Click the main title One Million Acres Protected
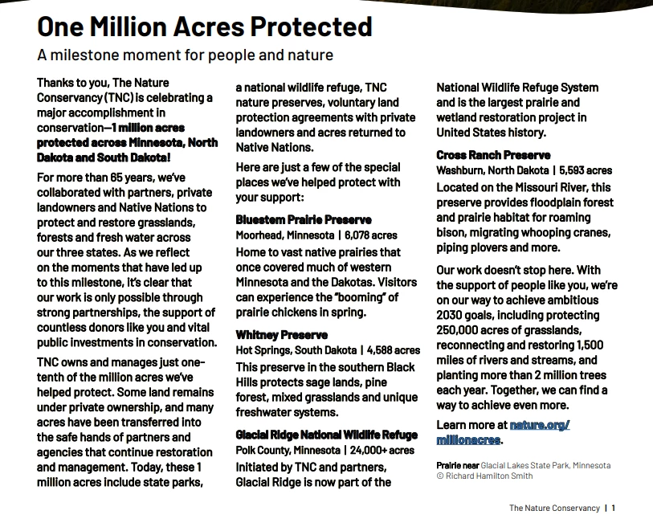205,27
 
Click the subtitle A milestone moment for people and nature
185,55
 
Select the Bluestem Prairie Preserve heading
304,219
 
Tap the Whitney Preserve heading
282,334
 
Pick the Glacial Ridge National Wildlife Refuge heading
327,435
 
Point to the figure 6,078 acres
371,235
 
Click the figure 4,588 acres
393,350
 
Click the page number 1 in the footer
614,508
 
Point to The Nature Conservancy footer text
554,508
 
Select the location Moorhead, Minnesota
285,235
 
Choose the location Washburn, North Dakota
491,170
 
